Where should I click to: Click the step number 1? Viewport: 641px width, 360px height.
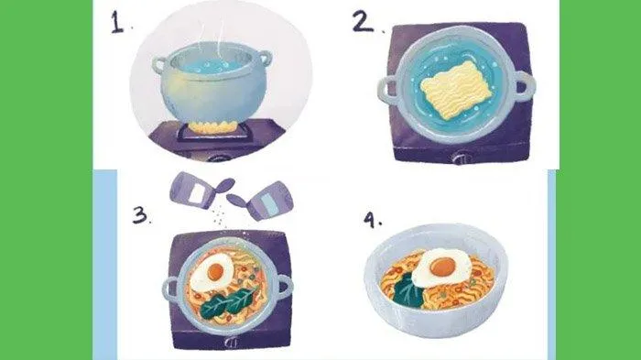[117, 22]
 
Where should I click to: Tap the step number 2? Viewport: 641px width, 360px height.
[363, 22]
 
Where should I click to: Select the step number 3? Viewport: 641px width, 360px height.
[140, 214]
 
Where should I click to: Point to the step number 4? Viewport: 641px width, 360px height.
[370, 221]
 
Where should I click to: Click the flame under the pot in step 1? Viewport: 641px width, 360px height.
[212, 127]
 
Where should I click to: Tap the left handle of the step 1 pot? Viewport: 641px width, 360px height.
[159, 65]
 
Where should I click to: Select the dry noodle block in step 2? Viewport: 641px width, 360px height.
[456, 90]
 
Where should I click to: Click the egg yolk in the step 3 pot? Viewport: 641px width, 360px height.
[215, 271]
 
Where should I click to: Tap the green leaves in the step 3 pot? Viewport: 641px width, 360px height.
[229, 303]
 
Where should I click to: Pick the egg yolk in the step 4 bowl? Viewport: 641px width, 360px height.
[442, 267]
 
